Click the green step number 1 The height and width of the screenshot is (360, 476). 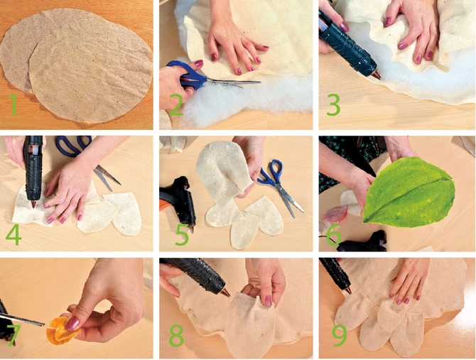click(12, 104)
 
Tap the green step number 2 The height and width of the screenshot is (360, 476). click(176, 105)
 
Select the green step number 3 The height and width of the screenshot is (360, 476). click(333, 105)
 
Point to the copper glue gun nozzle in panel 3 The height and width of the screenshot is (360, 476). click(377, 75)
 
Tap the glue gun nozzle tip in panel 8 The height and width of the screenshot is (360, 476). click(226, 293)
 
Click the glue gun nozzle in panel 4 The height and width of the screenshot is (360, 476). click(33, 204)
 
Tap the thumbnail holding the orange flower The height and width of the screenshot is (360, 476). click(72, 323)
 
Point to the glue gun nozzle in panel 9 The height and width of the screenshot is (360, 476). click(348, 290)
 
